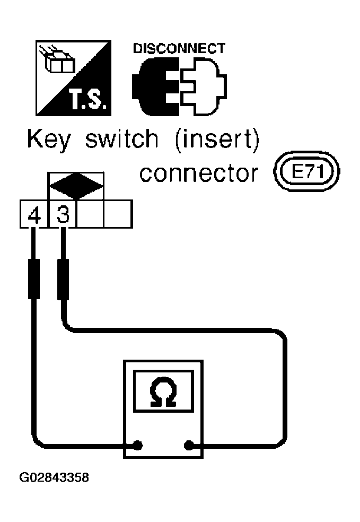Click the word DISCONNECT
pos(179,49)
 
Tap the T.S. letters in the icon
pos(88,100)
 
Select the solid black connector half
pos(156,86)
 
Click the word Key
pos(49,140)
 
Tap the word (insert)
pos(217,140)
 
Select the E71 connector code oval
pos(306,172)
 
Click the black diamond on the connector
pos(76,186)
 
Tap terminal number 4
pos(34,215)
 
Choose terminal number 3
pos(63,214)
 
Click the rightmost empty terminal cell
pos(118,214)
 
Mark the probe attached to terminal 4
pos(33,279)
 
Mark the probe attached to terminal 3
pos(63,280)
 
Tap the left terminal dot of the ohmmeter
pos(138,445)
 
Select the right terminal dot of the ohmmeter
pos(189,445)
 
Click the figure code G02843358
pos(54,478)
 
